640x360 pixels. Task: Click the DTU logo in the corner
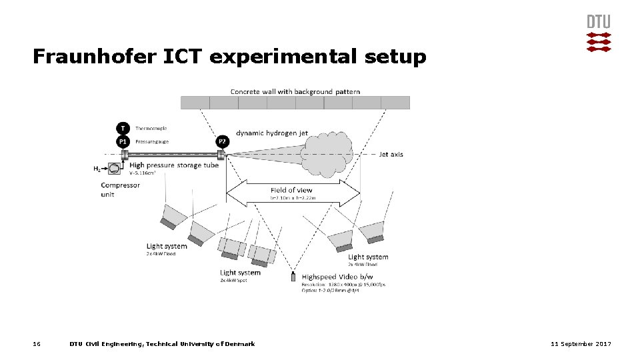(x=598, y=33)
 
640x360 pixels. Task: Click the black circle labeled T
(x=123, y=128)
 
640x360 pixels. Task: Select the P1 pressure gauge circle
(x=123, y=141)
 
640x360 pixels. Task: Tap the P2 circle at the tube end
(x=222, y=141)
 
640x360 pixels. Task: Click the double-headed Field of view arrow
(x=293, y=193)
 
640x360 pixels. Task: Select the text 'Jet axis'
(x=391, y=154)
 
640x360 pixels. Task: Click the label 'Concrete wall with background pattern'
(x=295, y=91)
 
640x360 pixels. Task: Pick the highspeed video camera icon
(x=293, y=277)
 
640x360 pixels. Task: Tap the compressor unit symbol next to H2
(x=115, y=169)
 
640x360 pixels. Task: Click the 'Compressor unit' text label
(x=120, y=189)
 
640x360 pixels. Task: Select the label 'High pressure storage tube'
(x=174, y=165)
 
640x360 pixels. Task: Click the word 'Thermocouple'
(x=151, y=128)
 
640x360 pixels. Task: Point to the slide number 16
(x=37, y=344)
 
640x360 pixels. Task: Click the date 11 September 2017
(x=581, y=344)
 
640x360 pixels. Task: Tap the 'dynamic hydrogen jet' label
(x=272, y=133)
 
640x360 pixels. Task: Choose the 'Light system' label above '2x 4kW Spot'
(x=240, y=273)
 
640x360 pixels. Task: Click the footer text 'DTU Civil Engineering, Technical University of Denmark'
(x=162, y=344)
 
